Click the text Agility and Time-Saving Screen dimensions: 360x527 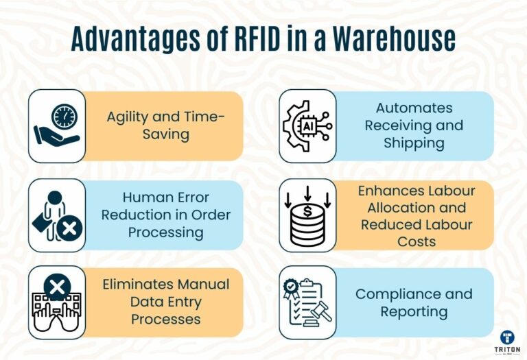pyautogui.click(x=165, y=125)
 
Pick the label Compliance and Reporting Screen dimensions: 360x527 pyautogui.click(x=413, y=303)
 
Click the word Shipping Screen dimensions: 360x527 pyautogui.click(x=414, y=143)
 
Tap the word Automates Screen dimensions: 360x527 pyautogui.click(x=414, y=108)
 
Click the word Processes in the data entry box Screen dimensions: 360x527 pyautogui.click(x=166, y=319)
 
